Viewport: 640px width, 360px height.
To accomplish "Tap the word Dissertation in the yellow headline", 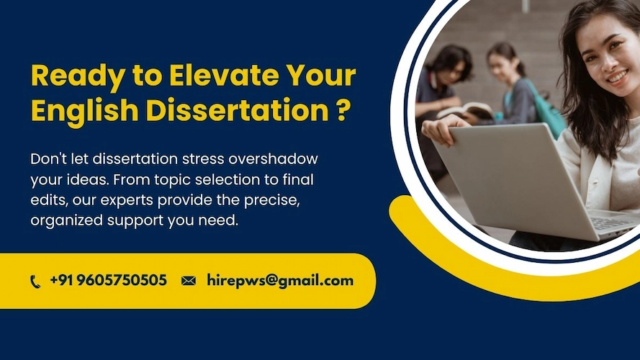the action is [x=238, y=110].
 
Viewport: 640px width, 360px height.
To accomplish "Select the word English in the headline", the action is [x=84, y=112].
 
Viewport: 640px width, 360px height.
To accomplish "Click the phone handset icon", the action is [x=35, y=282].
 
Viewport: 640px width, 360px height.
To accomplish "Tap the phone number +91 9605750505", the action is [x=108, y=280].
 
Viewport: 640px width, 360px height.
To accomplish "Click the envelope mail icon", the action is [x=189, y=281].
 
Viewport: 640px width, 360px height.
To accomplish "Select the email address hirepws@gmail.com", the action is [x=280, y=281].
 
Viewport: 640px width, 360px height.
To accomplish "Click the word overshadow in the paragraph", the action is [x=273, y=158].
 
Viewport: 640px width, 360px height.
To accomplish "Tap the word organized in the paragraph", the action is [x=67, y=221].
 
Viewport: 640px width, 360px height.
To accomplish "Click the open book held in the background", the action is [x=465, y=111].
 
